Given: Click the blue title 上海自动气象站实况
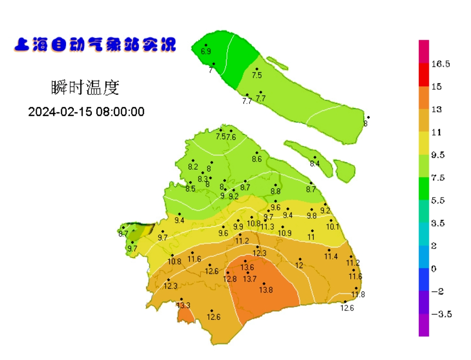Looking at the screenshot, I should click(95, 45).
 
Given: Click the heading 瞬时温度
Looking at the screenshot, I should click(85, 88).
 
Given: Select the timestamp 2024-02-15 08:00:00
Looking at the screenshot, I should click(86, 111).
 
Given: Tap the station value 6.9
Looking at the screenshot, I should click(206, 52).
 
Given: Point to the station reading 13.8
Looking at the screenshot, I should click(266, 290).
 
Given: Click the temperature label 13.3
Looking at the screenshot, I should click(183, 305).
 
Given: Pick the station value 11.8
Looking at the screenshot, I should click(358, 294).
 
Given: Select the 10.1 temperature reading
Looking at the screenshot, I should click(333, 227).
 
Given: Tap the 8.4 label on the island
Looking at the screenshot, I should click(315, 164).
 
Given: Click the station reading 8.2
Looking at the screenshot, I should click(193, 167).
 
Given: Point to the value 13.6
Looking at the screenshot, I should click(248, 267).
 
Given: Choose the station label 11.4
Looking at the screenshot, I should click(331, 257).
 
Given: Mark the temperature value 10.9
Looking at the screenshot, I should click(285, 233).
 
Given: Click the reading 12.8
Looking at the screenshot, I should click(230, 279).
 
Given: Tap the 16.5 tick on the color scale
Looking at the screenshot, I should click(441, 64).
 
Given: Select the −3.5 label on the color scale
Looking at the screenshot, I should click(442, 314).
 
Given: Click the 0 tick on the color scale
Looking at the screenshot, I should click(434, 268).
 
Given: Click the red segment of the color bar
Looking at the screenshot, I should click(424, 75).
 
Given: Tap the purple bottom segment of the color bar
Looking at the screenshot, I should click(424, 325).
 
